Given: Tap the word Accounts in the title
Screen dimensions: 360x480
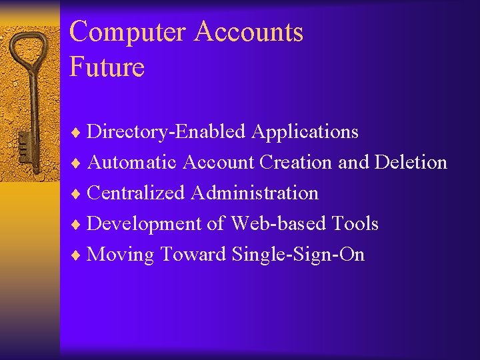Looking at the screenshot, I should tap(249, 33).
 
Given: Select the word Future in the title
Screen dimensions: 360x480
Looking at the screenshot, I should tap(107, 67).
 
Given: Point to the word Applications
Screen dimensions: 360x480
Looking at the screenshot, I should tap(305, 132).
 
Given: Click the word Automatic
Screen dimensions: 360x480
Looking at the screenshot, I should tap(132, 162).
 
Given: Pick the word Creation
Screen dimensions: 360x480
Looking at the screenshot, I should tap(297, 162).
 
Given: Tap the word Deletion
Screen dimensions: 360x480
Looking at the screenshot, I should tap(411, 162).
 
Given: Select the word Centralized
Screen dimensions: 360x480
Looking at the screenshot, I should tap(136, 193).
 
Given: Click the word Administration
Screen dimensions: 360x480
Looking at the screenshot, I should tap(255, 193).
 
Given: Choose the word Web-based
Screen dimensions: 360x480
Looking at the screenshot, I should tap(279, 223).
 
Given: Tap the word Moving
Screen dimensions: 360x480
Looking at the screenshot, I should tap(120, 254).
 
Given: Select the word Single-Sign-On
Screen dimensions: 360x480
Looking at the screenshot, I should tap(297, 254).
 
